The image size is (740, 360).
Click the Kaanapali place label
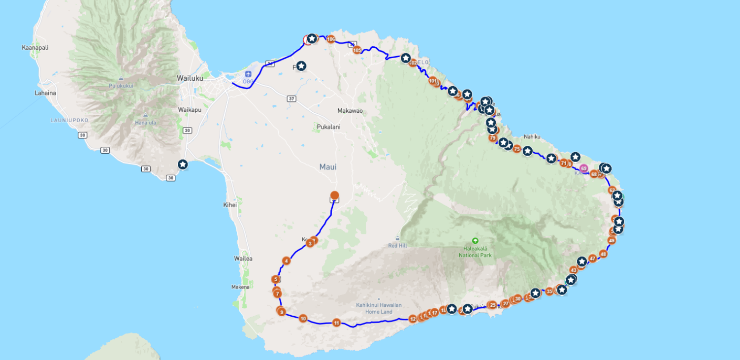coord(35,48)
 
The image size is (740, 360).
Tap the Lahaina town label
coord(45,93)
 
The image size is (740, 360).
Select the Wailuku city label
coord(190,78)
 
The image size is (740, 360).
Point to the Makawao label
coord(350,111)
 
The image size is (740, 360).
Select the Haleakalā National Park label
coord(475,251)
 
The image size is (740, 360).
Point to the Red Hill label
coord(397,245)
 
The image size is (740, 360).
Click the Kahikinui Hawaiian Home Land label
coord(379,308)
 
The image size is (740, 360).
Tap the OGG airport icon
coord(248,74)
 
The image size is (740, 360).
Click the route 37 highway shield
coord(292,99)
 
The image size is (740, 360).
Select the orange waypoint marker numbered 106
coord(331,39)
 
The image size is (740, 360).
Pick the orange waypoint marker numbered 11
coord(336,323)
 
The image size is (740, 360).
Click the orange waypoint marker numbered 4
coord(287,261)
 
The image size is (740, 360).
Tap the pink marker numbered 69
coord(584,168)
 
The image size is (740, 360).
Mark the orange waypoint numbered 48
coord(603,254)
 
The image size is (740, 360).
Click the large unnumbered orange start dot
coord(334,195)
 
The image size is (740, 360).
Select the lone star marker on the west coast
coord(183,164)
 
